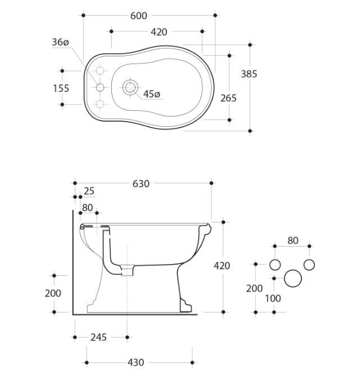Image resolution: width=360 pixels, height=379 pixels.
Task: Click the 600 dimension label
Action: (138, 16)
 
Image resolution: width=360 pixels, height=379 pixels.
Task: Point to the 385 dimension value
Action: (249, 74)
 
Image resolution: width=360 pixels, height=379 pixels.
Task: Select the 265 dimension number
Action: (228, 98)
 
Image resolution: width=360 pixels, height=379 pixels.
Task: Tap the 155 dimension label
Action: (61, 88)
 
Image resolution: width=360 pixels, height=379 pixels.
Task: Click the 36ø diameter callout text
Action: (60, 42)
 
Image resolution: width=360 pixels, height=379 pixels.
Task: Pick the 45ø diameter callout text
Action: (152, 94)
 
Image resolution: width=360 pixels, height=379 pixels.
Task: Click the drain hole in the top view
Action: (130, 87)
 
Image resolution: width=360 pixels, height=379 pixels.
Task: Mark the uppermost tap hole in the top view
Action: (100, 70)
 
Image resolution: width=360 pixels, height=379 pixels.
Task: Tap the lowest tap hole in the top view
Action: (100, 104)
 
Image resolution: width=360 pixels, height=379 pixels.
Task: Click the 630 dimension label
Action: (141, 184)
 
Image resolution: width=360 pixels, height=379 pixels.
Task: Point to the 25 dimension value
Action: (89, 191)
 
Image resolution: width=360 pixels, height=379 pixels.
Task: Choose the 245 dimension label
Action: (98, 337)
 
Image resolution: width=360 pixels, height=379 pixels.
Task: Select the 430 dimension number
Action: (136, 363)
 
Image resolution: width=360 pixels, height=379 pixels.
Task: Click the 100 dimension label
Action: (273, 299)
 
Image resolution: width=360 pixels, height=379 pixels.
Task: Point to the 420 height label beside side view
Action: (222, 266)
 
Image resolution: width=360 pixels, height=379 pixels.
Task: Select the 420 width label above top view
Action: (159, 32)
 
